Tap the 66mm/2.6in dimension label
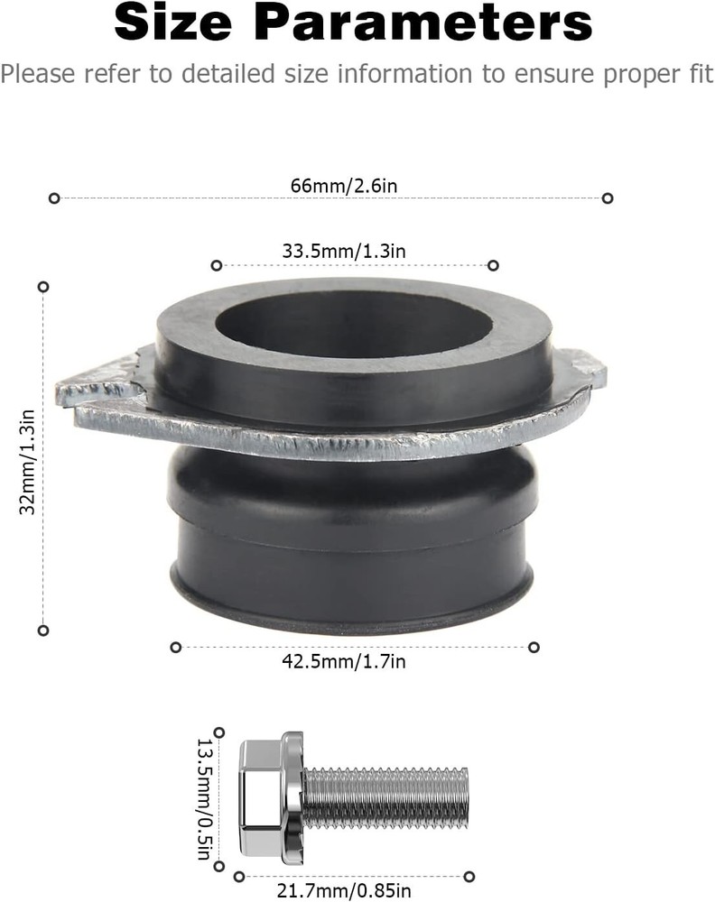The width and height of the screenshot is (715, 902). [330, 185]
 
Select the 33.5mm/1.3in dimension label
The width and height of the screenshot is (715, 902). [344, 252]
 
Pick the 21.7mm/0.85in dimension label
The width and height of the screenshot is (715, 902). [353, 892]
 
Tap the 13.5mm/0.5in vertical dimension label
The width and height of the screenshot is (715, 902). [204, 798]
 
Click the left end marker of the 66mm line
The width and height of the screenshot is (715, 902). [54, 198]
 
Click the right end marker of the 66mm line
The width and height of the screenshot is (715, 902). [608, 198]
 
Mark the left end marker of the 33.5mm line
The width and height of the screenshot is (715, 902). [216, 265]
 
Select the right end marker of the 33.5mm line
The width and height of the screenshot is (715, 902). [493, 265]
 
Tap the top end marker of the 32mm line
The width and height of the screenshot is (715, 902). [42, 286]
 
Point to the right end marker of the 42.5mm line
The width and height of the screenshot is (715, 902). [534, 647]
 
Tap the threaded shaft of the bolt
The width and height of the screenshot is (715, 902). [388, 797]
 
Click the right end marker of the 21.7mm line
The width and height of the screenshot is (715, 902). [469, 876]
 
